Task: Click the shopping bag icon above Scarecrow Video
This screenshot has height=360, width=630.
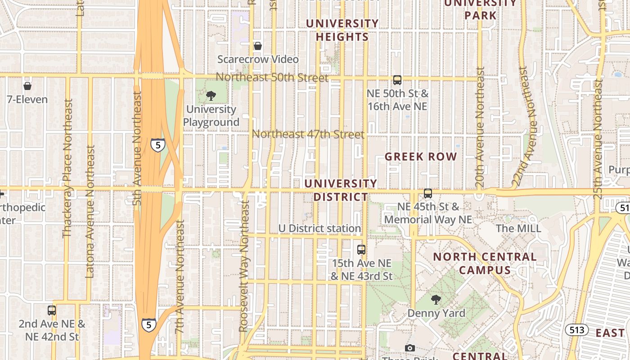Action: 258,46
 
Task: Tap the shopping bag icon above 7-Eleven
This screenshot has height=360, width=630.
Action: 27,85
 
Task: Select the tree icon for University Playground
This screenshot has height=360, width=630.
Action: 211,95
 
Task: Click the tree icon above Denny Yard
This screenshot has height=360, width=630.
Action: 436,299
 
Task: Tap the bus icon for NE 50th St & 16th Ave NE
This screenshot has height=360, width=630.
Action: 397,80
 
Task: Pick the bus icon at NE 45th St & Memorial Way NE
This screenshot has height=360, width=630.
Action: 427,193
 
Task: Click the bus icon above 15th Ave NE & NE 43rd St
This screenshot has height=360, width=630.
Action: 361,249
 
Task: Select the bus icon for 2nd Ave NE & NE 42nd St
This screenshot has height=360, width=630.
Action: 52,310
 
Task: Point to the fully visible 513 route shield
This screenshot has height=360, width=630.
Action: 576,330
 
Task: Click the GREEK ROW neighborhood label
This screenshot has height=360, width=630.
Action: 421,157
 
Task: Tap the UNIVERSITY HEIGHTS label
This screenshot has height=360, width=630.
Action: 342,30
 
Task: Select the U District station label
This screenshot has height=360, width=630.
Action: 319,229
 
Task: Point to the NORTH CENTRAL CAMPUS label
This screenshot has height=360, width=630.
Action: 485,263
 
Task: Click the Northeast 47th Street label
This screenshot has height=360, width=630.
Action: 308,134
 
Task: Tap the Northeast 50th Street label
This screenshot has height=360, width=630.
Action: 272,77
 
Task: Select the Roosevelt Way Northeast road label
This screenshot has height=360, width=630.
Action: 244,266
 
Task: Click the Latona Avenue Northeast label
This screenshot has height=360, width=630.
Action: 90,211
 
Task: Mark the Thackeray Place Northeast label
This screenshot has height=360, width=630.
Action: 67,168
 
